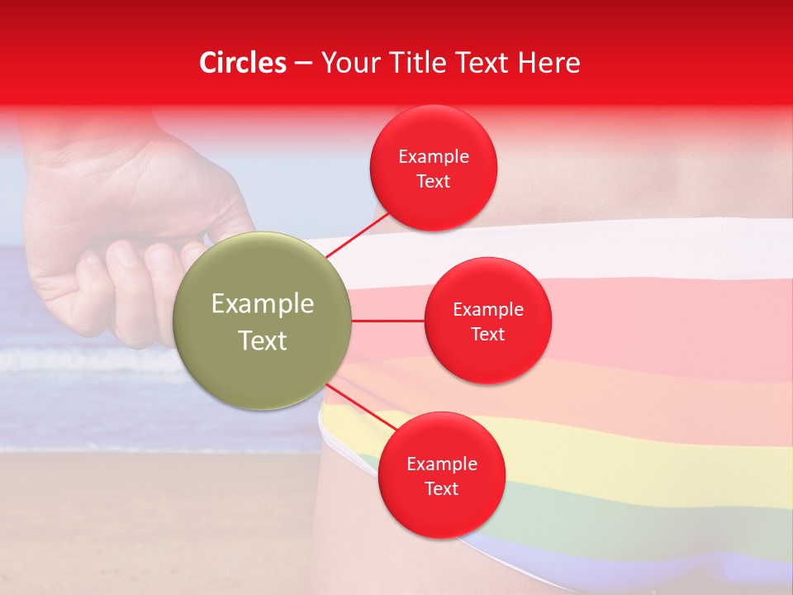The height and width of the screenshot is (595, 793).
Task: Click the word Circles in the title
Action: [x=243, y=63]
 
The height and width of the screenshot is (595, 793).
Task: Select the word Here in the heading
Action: [x=548, y=63]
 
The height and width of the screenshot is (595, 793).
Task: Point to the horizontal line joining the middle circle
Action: [x=388, y=321]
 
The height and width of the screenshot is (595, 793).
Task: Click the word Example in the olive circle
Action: [x=263, y=304]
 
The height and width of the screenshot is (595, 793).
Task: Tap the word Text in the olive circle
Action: [x=263, y=340]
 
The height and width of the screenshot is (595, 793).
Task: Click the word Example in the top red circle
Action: [x=434, y=157]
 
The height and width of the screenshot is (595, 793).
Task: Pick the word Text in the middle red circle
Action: [x=487, y=334]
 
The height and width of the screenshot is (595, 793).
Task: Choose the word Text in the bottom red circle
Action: [x=441, y=488]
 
